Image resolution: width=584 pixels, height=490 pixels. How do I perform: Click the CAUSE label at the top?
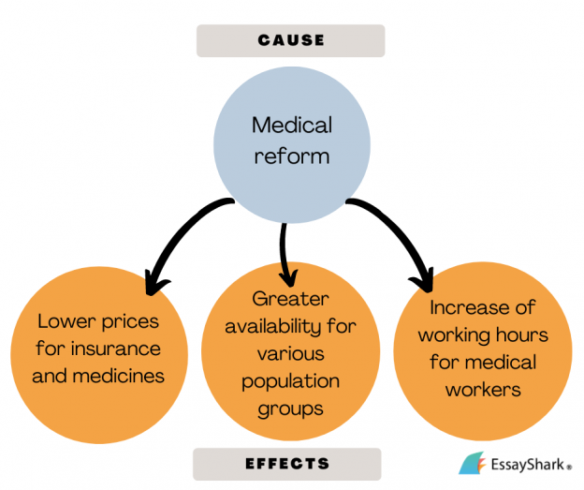click(291, 40)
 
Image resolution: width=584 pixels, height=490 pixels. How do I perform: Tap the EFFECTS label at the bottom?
click(287, 464)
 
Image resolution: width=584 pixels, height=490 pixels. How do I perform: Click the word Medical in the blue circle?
click(292, 125)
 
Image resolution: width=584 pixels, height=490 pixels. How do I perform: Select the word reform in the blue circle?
click(292, 156)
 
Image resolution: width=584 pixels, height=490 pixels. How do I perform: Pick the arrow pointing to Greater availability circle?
click(285, 254)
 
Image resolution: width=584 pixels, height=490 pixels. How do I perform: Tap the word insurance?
click(116, 349)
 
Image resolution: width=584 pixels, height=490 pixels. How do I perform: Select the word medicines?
click(119, 376)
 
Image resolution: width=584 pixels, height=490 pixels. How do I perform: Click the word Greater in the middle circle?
click(290, 299)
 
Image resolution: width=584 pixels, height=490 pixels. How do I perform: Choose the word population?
click(290, 382)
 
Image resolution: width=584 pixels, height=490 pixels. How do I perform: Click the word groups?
click(290, 409)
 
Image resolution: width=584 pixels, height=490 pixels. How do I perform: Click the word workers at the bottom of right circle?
click(483, 390)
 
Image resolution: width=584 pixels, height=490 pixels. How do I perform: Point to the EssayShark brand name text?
click(528, 465)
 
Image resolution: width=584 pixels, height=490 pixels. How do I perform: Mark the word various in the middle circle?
click(290, 353)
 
